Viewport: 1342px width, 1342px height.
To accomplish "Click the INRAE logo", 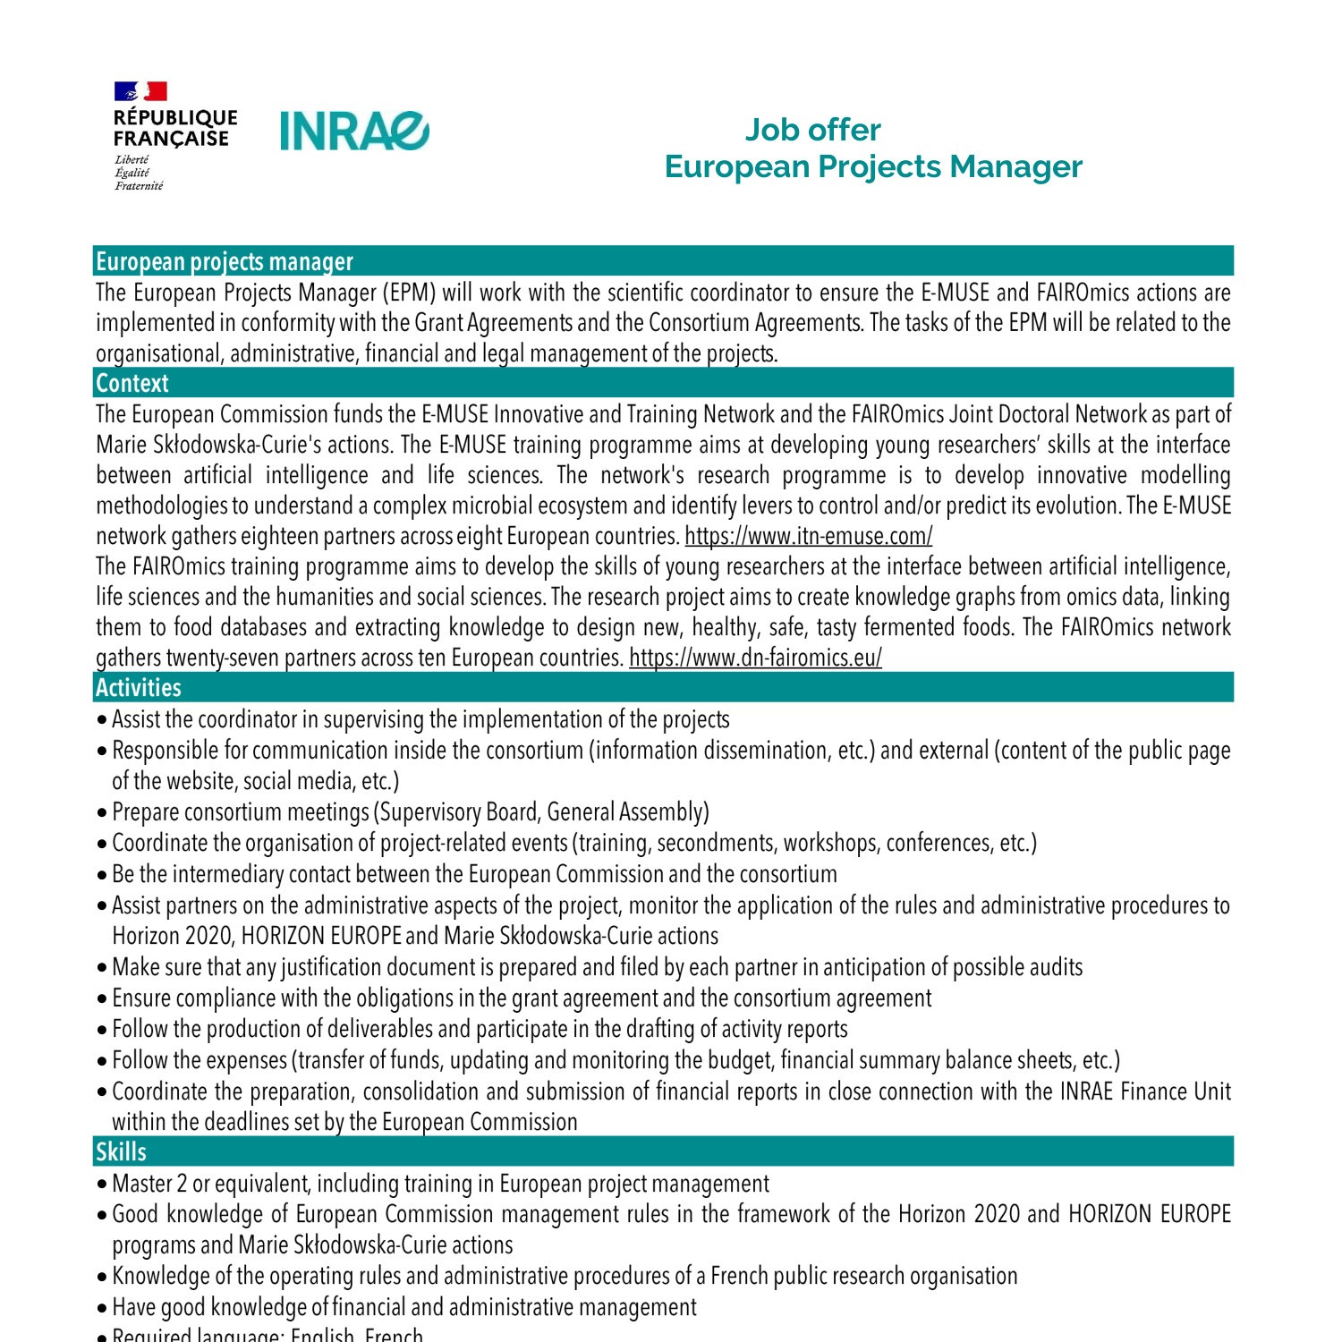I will coord(355,132).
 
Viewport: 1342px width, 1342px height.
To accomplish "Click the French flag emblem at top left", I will coord(140,91).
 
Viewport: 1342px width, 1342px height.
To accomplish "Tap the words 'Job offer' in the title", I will coord(812,130).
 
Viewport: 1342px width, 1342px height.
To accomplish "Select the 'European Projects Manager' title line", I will coord(873,166).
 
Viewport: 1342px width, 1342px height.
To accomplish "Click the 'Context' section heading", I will coord(132,383).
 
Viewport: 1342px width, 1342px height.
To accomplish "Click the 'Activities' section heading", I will coord(139,687).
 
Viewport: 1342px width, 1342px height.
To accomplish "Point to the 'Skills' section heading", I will coord(121,1151).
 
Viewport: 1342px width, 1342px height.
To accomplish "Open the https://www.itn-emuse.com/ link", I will coord(808,536).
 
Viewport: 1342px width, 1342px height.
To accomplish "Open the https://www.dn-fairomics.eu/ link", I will coord(755,658).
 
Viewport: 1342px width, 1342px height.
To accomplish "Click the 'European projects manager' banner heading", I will coord(225,261).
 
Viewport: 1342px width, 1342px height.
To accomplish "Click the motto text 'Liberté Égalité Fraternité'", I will coord(139,173).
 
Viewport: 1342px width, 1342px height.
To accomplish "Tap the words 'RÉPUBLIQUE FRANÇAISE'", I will coord(175,128).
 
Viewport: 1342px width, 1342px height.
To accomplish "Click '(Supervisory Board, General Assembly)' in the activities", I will coord(542,811).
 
